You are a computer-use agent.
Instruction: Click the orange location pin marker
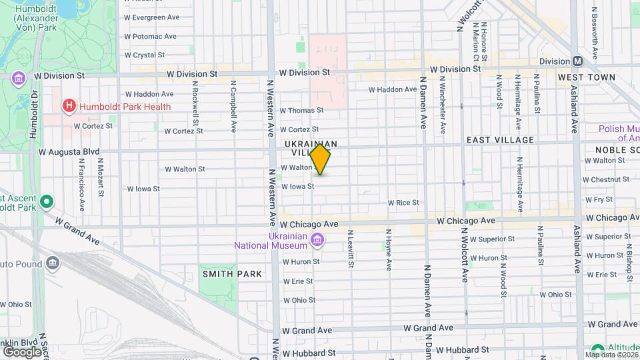pyautogui.click(x=321, y=159)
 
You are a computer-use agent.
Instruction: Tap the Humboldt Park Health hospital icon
pyautogui.click(x=68, y=106)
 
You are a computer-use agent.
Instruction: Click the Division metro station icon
pyautogui.click(x=577, y=61)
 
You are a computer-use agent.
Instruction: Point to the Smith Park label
pyautogui.click(x=218, y=255)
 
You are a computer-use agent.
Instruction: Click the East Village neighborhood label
pyautogui.click(x=500, y=140)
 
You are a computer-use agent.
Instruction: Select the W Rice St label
pyautogui.click(x=403, y=202)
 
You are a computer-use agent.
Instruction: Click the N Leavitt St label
pyautogui.click(x=350, y=249)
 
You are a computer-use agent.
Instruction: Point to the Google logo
pyautogui.click(x=22, y=351)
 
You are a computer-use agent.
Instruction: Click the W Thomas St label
pyautogui.click(x=301, y=110)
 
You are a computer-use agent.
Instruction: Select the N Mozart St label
pyautogui.click(x=101, y=177)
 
